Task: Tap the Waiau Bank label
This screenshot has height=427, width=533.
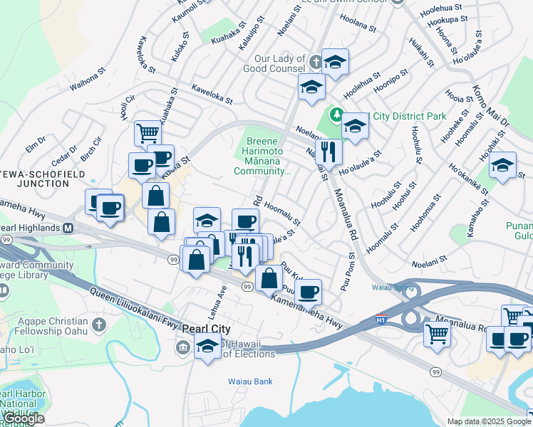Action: [x=250, y=381]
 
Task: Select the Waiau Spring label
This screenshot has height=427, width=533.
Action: [x=389, y=288]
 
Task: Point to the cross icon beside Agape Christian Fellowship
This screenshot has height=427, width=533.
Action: [x=98, y=325]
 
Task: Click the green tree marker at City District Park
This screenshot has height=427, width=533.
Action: [x=335, y=115]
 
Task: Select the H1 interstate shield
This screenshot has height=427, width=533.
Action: [x=381, y=318]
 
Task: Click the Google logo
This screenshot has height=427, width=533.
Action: [x=24, y=418]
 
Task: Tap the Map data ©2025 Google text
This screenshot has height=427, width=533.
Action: [x=489, y=421]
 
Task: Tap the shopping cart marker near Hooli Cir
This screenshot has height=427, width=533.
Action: [x=147, y=132]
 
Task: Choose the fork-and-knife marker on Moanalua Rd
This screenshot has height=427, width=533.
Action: [x=328, y=152]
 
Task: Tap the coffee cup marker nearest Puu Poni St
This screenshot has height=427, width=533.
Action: [x=308, y=291]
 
